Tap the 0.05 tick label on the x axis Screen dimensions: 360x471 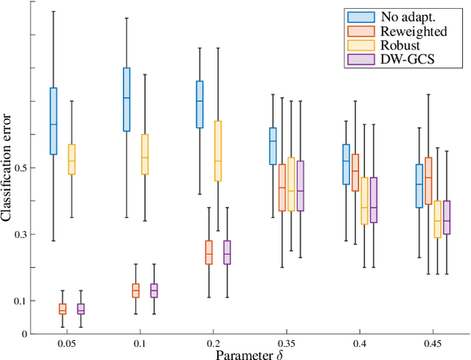coord(63,345)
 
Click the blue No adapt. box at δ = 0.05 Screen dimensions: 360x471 coord(53,121)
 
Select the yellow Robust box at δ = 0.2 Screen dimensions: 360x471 coord(218,151)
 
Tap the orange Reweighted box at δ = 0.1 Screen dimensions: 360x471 coord(135,290)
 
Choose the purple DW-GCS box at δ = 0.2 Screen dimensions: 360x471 coord(227,253)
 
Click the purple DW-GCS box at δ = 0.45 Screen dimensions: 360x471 coord(447,217)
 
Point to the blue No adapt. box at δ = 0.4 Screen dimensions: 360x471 coord(346,163)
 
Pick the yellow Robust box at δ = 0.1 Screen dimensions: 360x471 coord(145,155)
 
